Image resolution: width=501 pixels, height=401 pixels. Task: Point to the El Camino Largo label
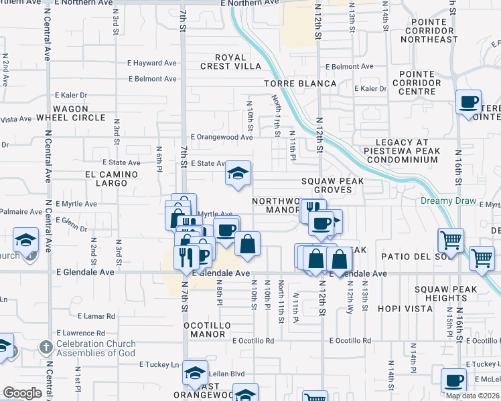point(111,178)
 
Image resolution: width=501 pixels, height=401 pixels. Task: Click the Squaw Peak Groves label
point(332,185)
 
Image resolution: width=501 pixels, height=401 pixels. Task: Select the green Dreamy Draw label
point(448,201)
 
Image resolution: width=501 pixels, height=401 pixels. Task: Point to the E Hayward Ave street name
point(152,63)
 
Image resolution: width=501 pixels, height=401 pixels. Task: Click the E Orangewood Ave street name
point(221,137)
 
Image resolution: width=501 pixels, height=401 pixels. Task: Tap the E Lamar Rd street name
point(96,315)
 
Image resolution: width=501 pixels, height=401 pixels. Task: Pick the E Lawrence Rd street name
point(81,333)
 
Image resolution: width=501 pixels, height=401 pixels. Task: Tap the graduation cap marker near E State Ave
point(238,174)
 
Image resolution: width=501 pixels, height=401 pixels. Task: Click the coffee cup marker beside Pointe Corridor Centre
point(469,103)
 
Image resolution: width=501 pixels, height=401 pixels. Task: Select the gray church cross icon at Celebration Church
point(46,348)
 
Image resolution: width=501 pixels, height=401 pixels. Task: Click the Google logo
point(22,393)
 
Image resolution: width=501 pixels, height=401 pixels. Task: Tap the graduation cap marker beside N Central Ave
point(25,239)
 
